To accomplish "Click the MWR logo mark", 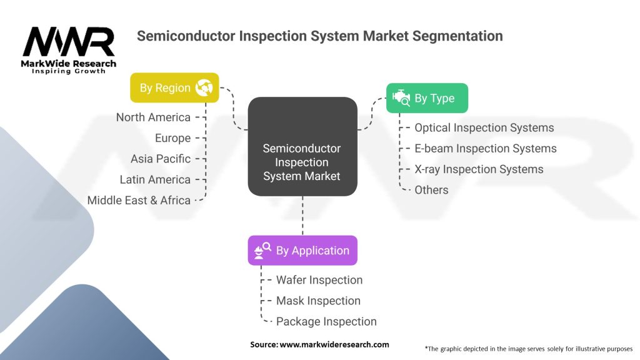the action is point(69,42).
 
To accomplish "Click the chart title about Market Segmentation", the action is point(319,36).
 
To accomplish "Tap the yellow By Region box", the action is point(175,87).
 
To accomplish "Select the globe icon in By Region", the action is point(204,87).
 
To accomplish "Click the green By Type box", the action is point(427,98).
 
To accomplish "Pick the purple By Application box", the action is point(302,250).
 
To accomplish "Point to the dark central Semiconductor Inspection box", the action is point(302,146).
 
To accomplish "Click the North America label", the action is point(154,117).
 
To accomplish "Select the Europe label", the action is point(172,138).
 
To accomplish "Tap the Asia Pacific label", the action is point(161,159).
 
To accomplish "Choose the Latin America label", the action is point(155,179).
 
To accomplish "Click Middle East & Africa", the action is point(139,201).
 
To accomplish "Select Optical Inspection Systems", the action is point(484,127).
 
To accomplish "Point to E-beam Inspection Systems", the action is point(486,149).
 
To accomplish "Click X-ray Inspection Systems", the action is point(479,169).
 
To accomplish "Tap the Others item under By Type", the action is point(431,190).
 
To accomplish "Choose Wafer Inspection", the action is point(319,280).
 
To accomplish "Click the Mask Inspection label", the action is point(318,301).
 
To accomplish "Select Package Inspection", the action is point(326,322).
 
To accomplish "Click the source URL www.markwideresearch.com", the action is point(334,344).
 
